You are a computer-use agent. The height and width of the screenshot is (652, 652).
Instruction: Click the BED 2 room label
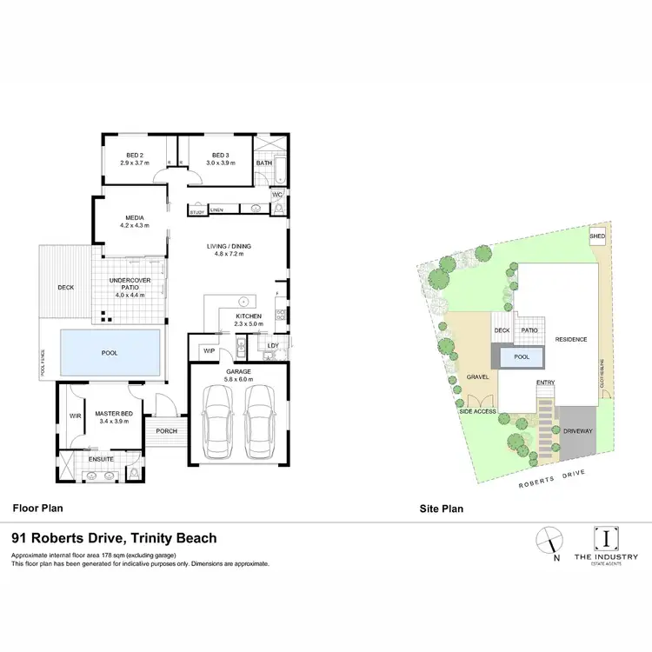coord(135,156)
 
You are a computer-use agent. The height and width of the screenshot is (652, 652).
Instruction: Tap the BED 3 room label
coord(220,156)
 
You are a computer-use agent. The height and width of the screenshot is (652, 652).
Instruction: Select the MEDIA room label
coord(134,218)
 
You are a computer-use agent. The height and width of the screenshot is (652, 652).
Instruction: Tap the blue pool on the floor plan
coord(110,353)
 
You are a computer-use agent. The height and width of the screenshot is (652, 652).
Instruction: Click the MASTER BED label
coord(113,414)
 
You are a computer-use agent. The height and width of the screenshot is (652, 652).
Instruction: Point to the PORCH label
coord(166,431)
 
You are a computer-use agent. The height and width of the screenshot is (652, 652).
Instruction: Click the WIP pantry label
coord(209,350)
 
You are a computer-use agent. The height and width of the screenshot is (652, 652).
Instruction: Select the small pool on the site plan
coord(522,356)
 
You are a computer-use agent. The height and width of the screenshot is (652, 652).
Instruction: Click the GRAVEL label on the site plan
coord(478,376)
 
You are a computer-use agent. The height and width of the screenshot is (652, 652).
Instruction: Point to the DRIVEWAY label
coord(576,429)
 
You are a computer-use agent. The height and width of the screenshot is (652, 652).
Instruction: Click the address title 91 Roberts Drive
coord(113,539)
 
